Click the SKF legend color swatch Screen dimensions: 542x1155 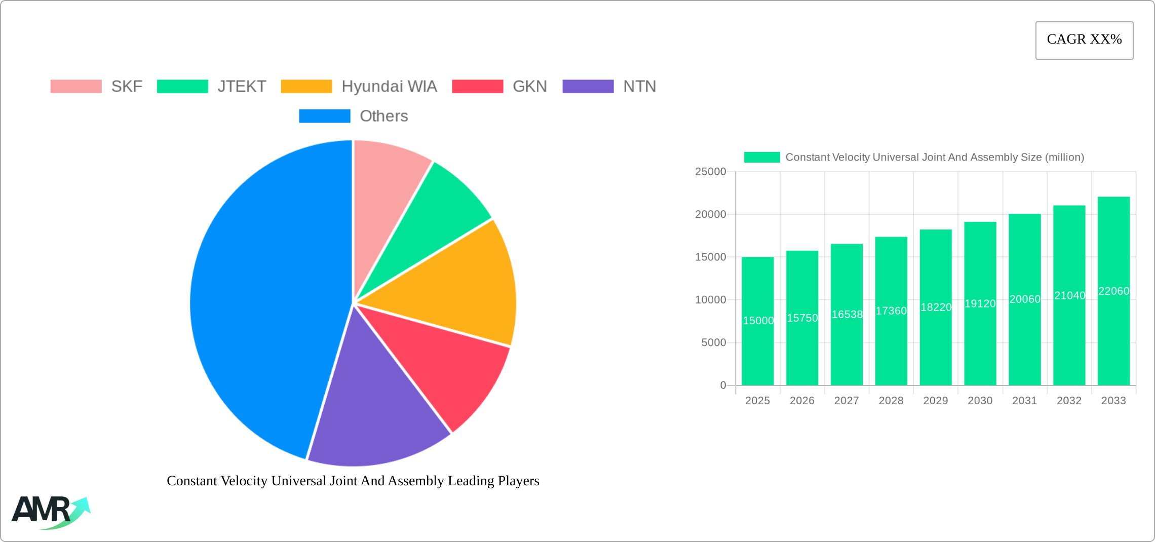click(76, 87)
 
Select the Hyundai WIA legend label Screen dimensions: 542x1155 click(389, 87)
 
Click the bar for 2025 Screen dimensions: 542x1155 click(757, 344)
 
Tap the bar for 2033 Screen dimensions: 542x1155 click(1113, 344)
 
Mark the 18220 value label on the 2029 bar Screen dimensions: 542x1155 click(936, 307)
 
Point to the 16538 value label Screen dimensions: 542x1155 click(847, 315)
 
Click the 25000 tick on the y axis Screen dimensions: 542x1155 click(710, 172)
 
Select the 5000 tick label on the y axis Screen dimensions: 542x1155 click(713, 343)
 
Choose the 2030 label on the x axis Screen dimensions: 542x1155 click(980, 401)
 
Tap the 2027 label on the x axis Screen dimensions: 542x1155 click(846, 401)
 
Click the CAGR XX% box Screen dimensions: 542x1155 click(1084, 40)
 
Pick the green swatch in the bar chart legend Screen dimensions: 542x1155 click(762, 158)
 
